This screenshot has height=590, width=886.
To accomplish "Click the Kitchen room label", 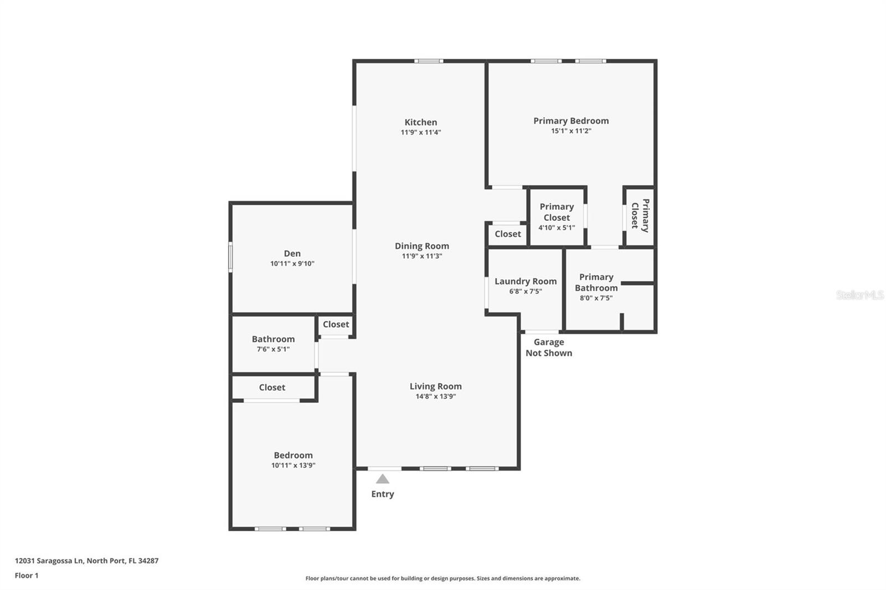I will [x=420, y=122].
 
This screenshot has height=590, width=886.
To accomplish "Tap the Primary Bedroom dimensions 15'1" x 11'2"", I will [x=571, y=131].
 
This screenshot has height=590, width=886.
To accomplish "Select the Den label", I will [x=292, y=253].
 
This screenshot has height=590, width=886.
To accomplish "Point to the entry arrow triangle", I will [x=382, y=479].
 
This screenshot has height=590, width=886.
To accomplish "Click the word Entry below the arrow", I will [x=382, y=494].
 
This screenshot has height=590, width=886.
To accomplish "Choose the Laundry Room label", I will [x=526, y=281].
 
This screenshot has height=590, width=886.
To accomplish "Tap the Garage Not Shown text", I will [x=548, y=348].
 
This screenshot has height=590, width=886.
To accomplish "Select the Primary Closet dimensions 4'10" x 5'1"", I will [x=557, y=227].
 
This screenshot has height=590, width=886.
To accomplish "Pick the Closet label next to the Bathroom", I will [x=336, y=324].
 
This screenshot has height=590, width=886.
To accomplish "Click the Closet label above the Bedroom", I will [x=272, y=387].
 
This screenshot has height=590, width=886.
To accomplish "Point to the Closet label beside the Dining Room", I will [x=507, y=234].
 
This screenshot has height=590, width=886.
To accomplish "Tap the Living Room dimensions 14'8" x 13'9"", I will [x=435, y=396].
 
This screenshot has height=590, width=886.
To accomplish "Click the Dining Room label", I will [x=421, y=246].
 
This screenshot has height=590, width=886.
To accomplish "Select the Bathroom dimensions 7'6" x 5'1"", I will [x=273, y=349].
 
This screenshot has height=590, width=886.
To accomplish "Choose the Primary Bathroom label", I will [x=596, y=282].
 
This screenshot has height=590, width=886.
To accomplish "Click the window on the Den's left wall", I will [x=231, y=257].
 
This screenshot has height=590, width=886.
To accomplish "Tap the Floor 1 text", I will [x=27, y=576].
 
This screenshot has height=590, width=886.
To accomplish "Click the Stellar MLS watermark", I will [x=859, y=295].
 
